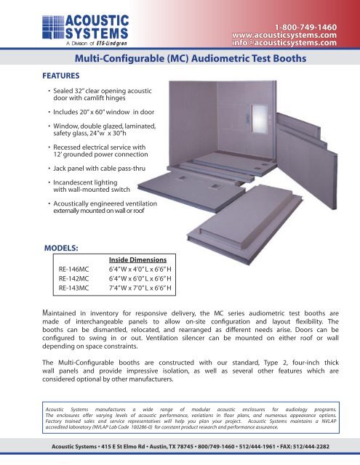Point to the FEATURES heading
click(x=61, y=74)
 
